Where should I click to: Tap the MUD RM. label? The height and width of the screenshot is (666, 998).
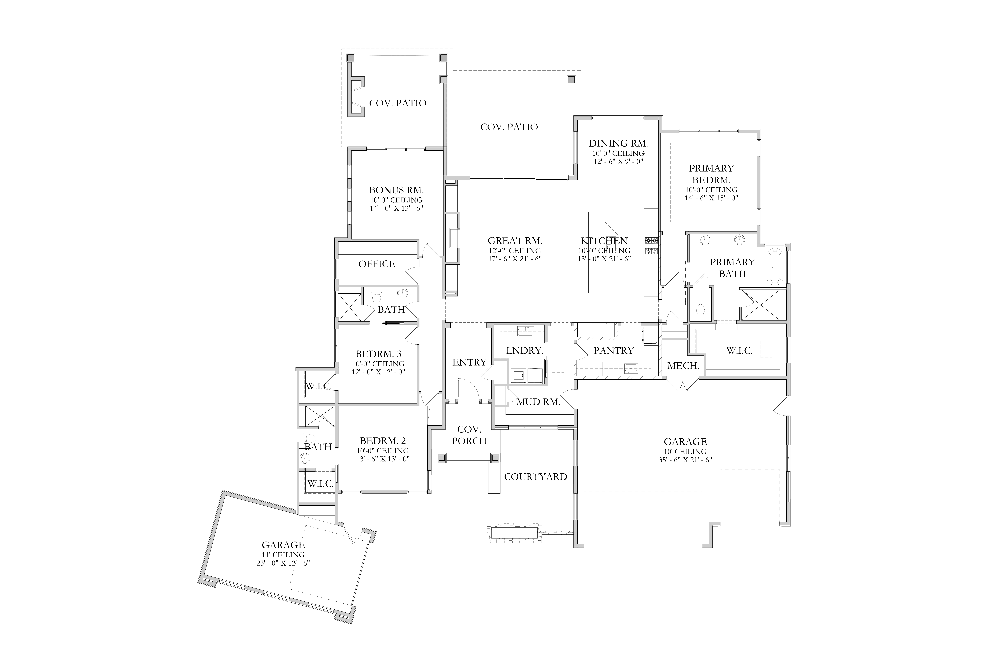coord(538,402)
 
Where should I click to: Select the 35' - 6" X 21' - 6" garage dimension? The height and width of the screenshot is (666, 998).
coord(685,460)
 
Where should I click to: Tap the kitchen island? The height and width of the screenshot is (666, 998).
coord(603,252)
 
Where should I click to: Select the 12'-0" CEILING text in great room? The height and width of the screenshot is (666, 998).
coord(515,251)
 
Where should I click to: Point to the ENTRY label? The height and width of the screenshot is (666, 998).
coord(469,362)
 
